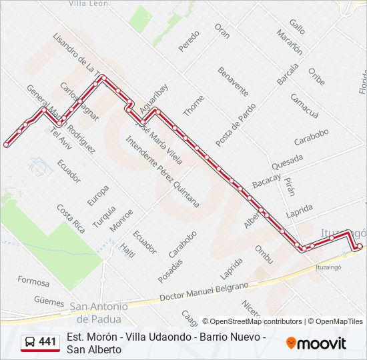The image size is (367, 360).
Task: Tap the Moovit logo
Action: click(x=316, y=343)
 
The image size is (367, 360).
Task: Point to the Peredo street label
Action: click(x=189, y=41)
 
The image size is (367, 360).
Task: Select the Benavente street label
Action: click(x=233, y=81)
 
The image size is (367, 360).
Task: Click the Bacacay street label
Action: click(x=266, y=179)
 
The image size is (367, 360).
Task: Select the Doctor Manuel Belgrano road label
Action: click(x=204, y=290)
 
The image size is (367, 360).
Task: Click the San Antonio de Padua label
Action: click(x=99, y=312)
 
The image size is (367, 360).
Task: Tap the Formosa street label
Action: click(x=33, y=281)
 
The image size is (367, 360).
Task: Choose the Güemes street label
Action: click(x=49, y=301)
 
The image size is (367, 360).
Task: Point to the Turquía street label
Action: click(x=104, y=217)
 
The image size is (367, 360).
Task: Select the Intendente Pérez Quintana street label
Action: click(x=162, y=171)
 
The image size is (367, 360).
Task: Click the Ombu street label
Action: click(x=264, y=254)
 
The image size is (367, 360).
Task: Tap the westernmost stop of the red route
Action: click(x=7, y=144)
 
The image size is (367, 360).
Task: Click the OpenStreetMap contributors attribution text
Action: click(x=252, y=321)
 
